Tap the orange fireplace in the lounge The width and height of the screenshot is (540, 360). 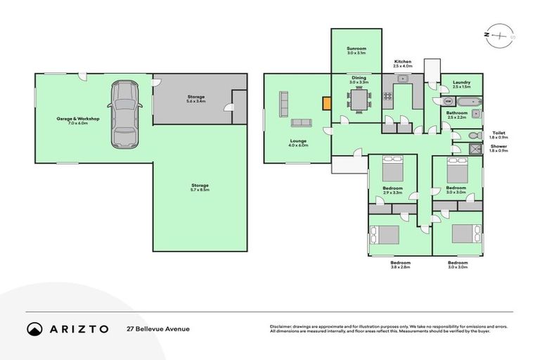click(x=326, y=103)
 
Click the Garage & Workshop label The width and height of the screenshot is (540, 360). click(x=78, y=120)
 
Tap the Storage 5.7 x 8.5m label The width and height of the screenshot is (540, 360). click(x=200, y=187)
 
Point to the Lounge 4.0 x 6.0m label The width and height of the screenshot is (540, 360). click(x=297, y=143)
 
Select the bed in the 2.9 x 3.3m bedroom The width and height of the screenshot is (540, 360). click(x=391, y=170)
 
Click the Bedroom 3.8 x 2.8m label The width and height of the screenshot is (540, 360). click(x=399, y=265)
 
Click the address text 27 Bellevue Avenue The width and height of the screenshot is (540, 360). click(x=157, y=328)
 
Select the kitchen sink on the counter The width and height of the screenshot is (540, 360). click(x=403, y=79)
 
